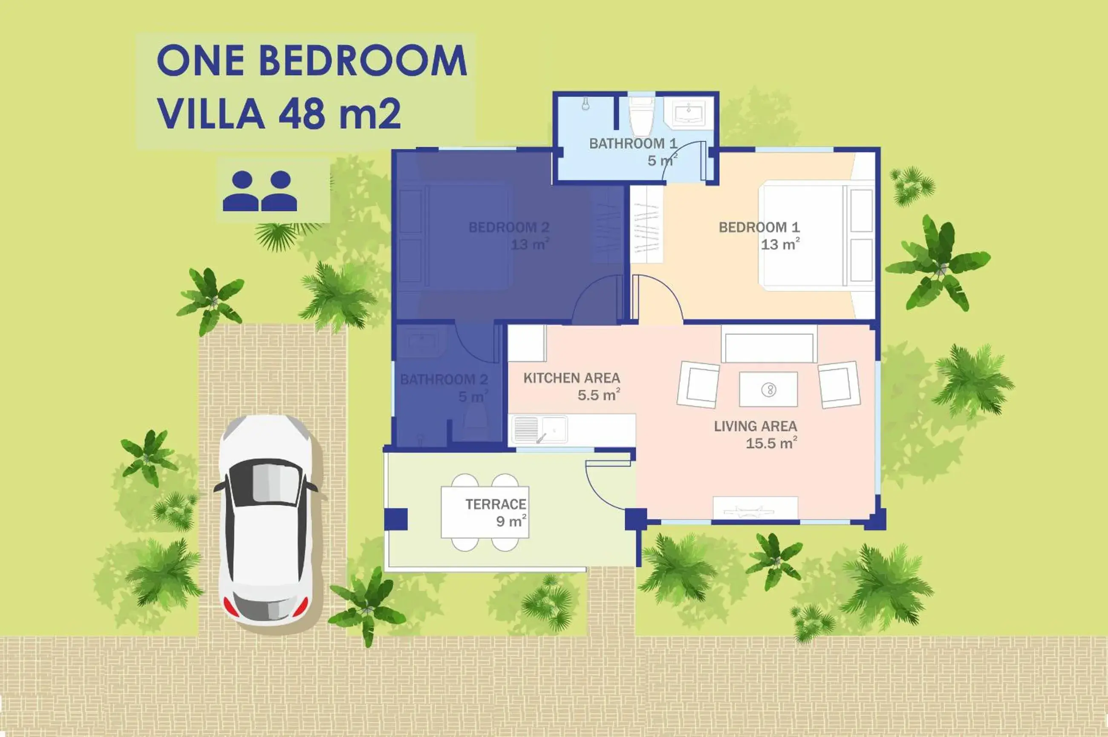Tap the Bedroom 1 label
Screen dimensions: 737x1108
[x=759, y=236]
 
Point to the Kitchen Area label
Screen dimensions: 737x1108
[x=571, y=386]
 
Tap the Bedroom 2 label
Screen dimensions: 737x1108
[x=509, y=236]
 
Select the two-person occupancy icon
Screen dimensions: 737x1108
[x=260, y=191]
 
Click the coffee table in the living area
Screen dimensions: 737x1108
[x=768, y=389]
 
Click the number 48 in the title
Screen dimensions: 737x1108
[x=301, y=114]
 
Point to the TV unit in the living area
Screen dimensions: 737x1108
[x=755, y=508]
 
